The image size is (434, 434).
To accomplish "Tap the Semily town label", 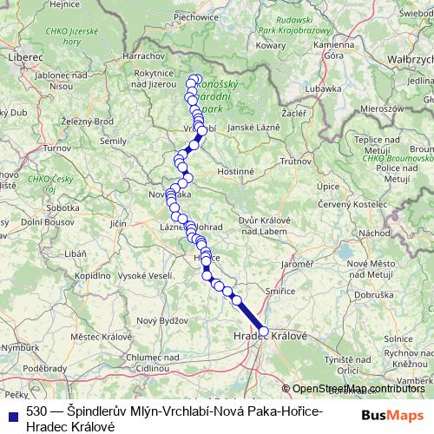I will click(114, 140).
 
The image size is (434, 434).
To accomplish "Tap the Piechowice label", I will click(195, 16).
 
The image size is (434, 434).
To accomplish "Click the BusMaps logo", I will click(393, 416).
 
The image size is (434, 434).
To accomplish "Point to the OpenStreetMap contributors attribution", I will click(358, 389).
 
